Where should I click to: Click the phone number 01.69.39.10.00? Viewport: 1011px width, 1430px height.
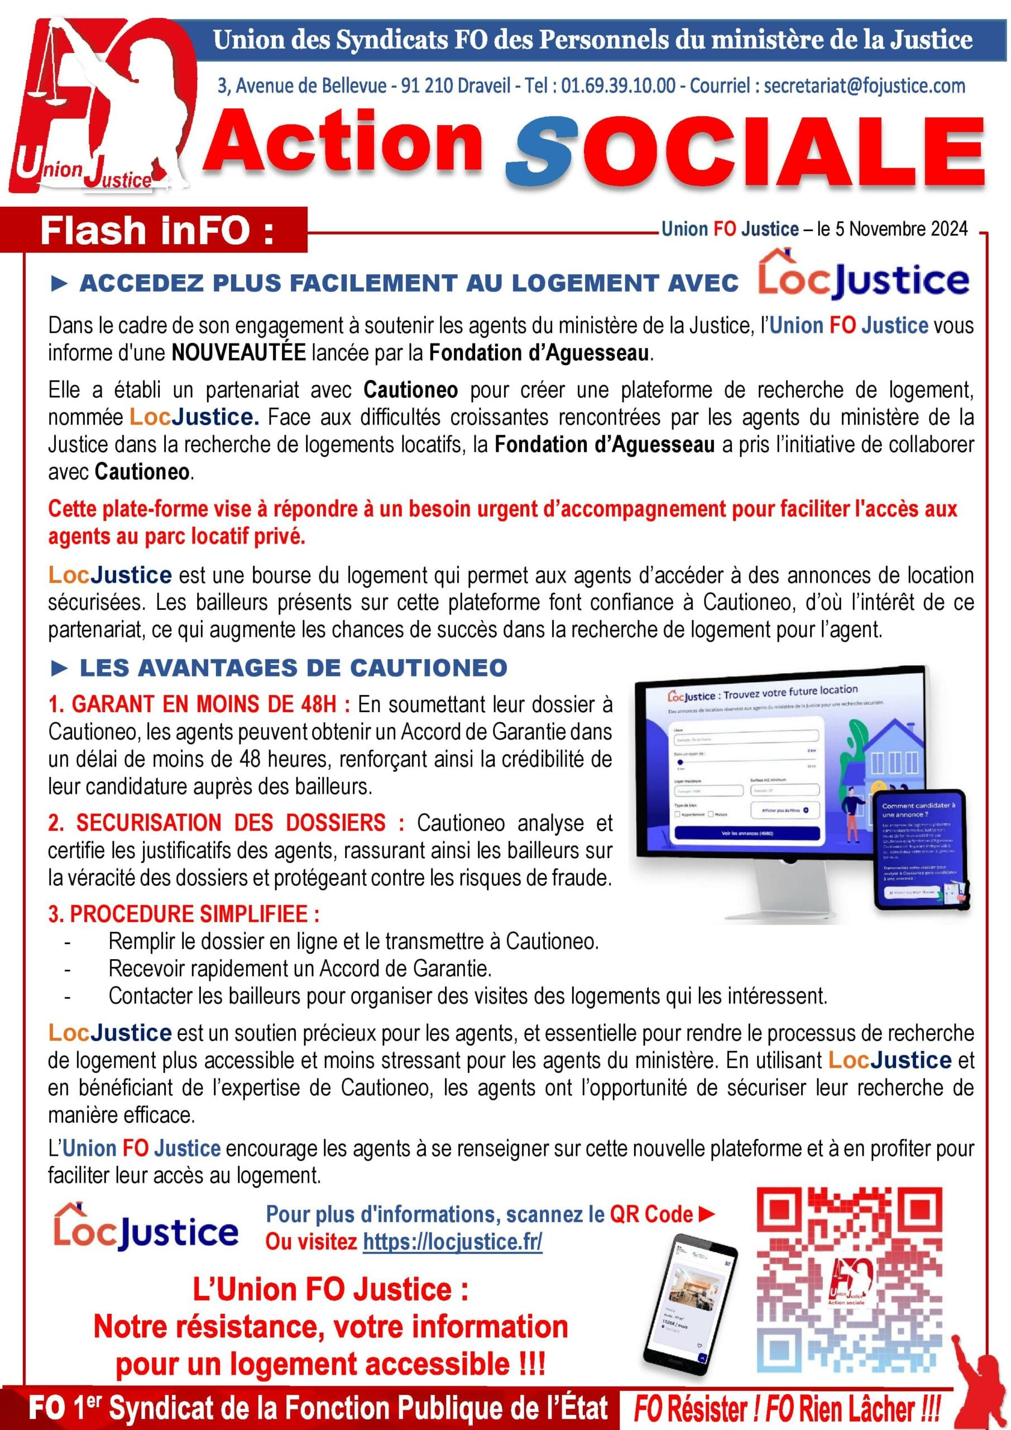pyautogui.click(x=617, y=85)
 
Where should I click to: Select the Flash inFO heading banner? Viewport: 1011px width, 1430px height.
pyautogui.click(x=156, y=231)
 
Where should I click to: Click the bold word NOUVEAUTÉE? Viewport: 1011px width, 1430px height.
pyautogui.click(x=239, y=352)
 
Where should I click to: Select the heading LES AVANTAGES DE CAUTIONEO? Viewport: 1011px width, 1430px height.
pyautogui.click(x=293, y=668)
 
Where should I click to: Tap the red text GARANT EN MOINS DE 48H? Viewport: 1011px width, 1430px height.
pyautogui.click(x=199, y=704)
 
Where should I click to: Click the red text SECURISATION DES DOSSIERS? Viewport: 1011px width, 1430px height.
pyautogui.click(x=226, y=823)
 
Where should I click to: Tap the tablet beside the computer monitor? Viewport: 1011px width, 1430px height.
pyautogui.click(x=921, y=850)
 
